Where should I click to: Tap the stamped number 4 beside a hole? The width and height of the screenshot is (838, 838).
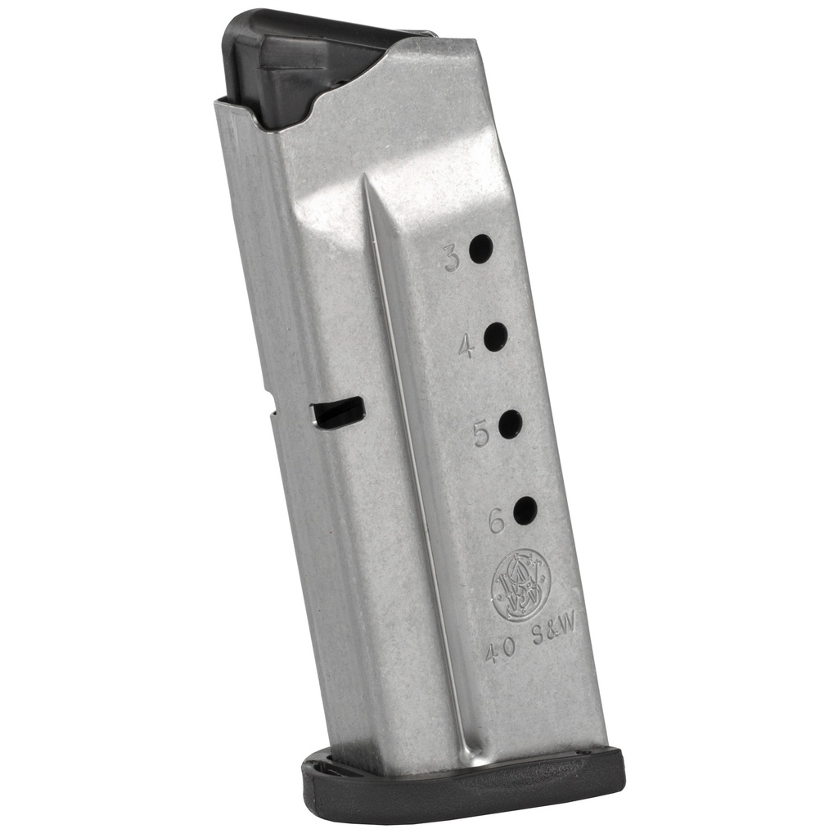[466, 348]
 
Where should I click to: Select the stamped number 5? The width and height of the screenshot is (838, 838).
[481, 434]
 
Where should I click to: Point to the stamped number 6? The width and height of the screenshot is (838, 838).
[497, 522]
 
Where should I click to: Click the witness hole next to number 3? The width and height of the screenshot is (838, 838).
[480, 248]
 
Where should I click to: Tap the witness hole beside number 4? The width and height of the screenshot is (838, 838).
[495, 336]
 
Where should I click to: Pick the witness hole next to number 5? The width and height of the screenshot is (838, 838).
[510, 424]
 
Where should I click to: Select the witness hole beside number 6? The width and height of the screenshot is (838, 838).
[525, 511]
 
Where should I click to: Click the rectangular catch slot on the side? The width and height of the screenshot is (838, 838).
[338, 412]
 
